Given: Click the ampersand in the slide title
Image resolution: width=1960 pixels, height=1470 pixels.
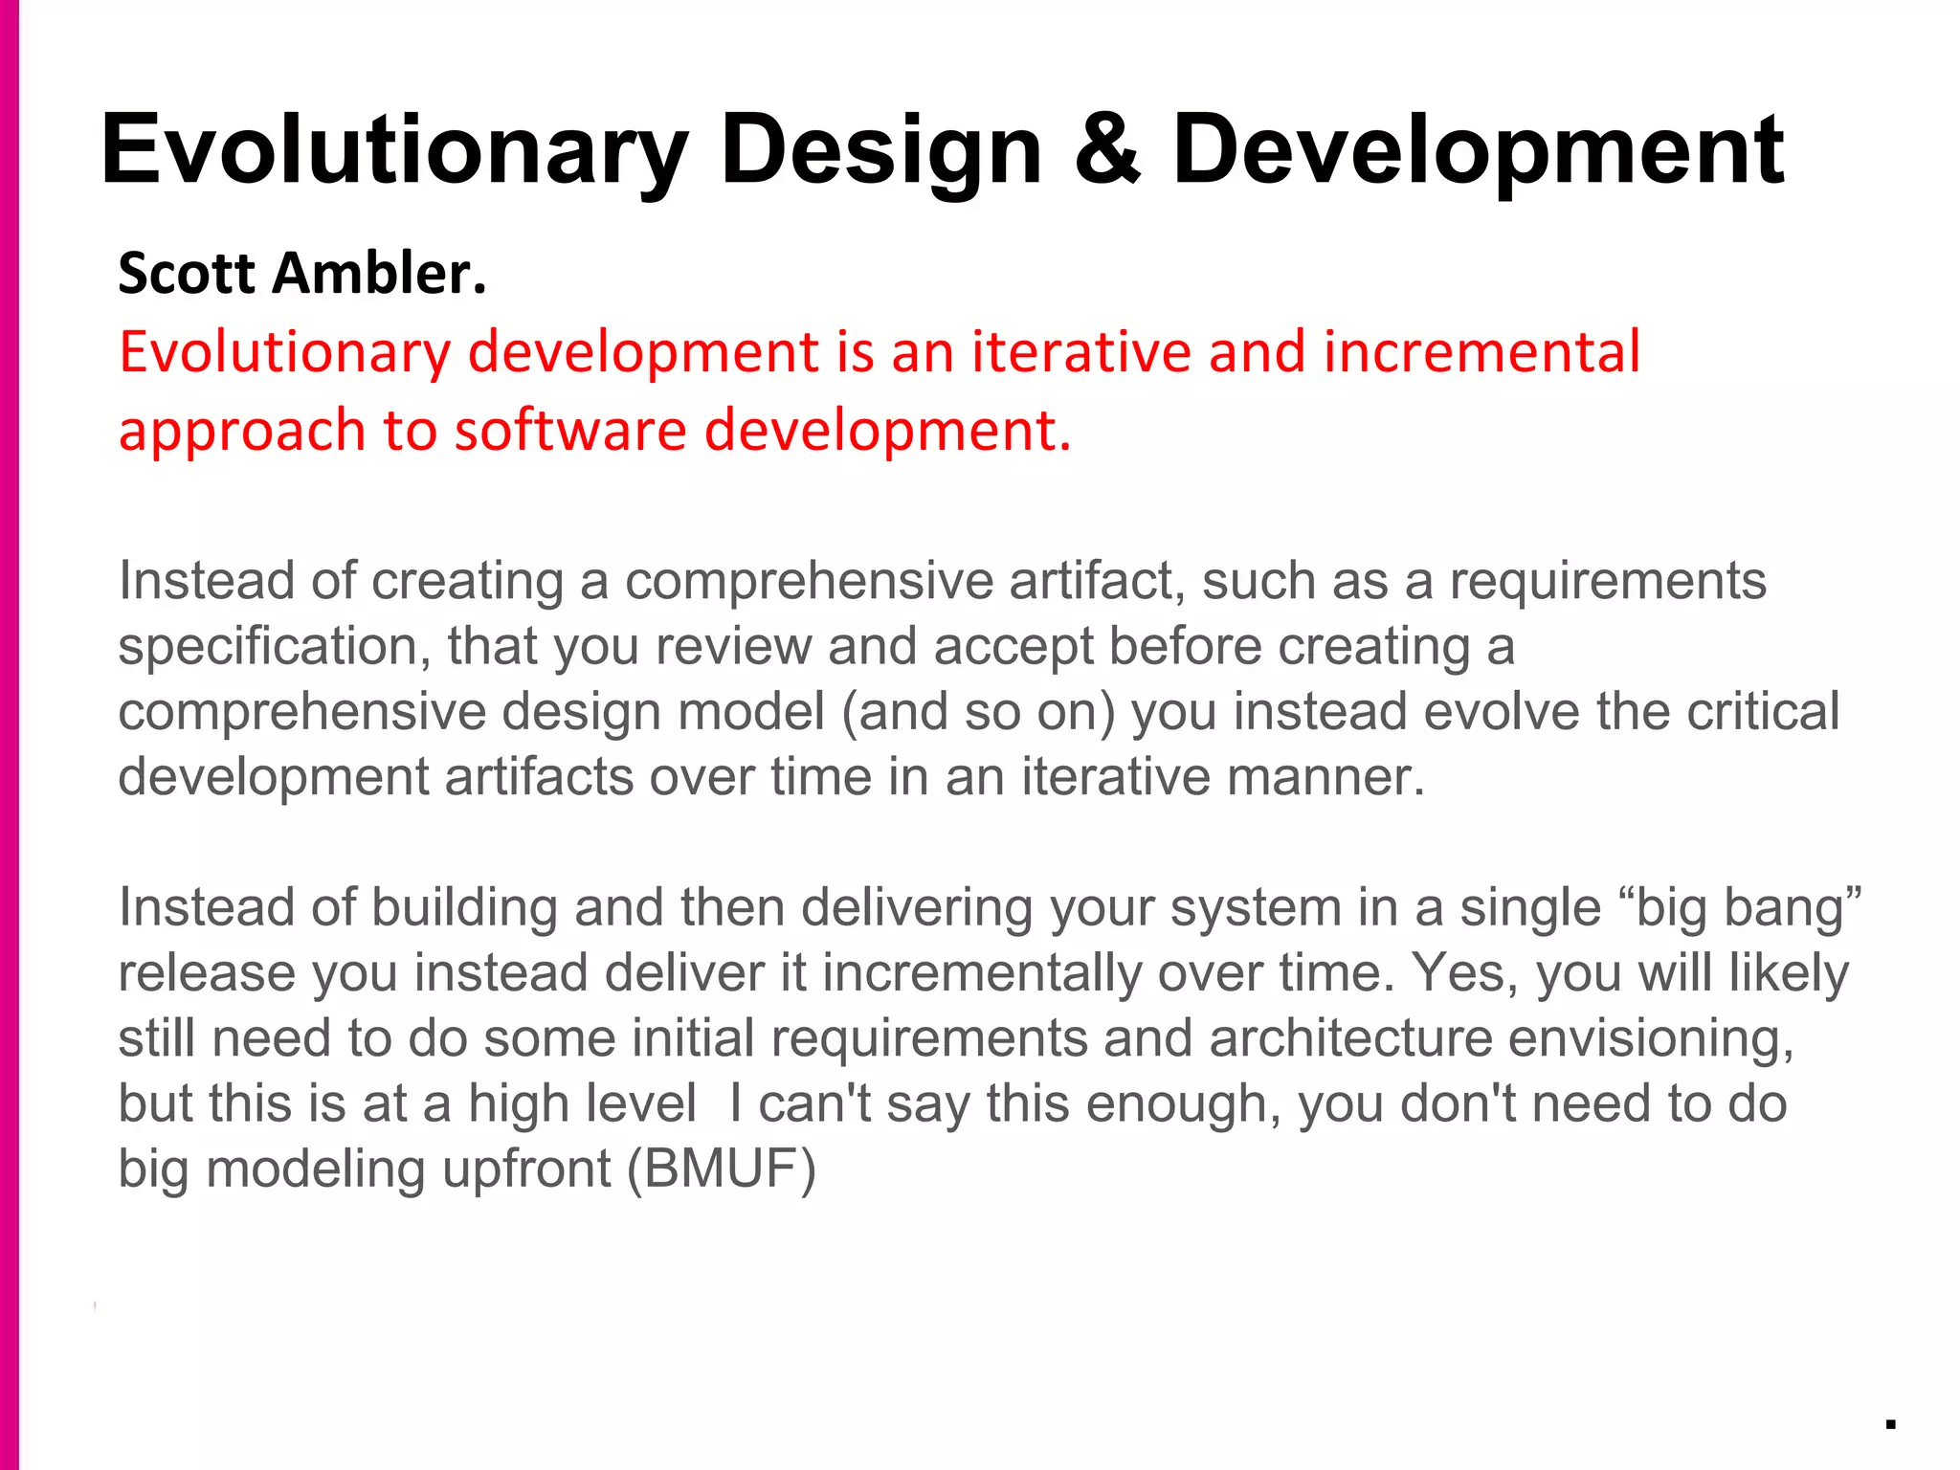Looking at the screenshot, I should [1107, 149].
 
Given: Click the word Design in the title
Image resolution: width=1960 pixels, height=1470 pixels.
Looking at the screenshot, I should [880, 151].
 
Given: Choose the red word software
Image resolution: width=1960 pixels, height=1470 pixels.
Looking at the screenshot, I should [570, 430].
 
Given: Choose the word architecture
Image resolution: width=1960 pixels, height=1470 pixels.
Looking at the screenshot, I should [1350, 1038].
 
